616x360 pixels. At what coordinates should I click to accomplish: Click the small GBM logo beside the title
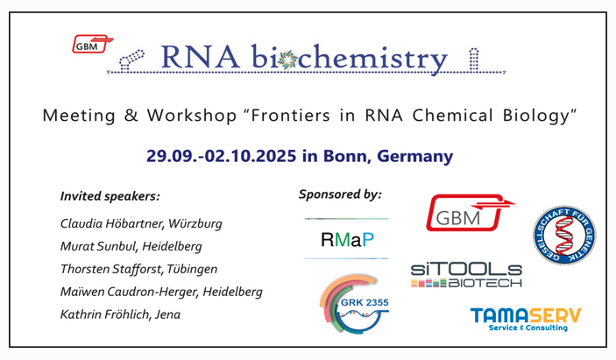click(x=93, y=44)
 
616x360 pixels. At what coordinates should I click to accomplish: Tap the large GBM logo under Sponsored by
click(x=470, y=212)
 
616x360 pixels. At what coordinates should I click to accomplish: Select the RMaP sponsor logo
click(x=347, y=239)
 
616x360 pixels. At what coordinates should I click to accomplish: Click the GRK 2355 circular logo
click(x=354, y=303)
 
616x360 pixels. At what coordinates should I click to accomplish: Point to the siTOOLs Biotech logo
click(x=466, y=276)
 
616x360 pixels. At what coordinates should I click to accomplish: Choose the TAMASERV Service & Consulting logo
click(x=526, y=319)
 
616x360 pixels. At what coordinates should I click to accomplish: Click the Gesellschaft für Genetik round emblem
click(x=564, y=235)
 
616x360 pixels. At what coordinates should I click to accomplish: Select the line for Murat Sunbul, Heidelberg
click(x=131, y=246)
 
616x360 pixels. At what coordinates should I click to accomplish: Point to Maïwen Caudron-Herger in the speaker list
click(x=130, y=292)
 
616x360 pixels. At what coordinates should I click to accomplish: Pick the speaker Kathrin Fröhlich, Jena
click(x=120, y=314)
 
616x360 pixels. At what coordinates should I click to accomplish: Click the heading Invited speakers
click(x=110, y=196)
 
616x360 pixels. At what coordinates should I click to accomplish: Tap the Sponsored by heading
click(x=340, y=194)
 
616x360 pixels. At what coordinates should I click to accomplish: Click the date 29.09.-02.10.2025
click(x=221, y=156)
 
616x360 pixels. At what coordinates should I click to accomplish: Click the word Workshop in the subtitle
click(x=192, y=116)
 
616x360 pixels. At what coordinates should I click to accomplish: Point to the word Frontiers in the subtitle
click(x=290, y=116)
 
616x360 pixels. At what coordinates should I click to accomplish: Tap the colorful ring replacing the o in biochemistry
click(x=289, y=59)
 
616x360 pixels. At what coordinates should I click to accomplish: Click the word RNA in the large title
click(x=201, y=57)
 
